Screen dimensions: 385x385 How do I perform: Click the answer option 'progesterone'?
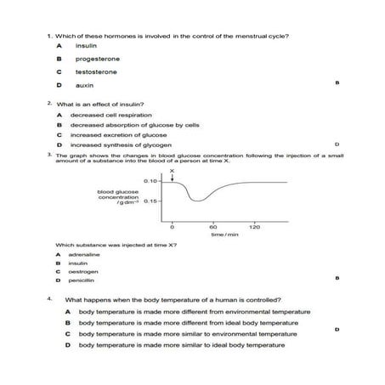point(97,59)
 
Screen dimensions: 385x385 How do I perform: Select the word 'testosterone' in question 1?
point(96,72)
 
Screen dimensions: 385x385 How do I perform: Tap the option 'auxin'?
point(83,86)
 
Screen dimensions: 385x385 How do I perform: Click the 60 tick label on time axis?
point(212,228)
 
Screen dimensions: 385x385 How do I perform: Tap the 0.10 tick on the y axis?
point(150,182)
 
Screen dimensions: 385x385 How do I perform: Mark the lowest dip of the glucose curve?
point(197,201)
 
